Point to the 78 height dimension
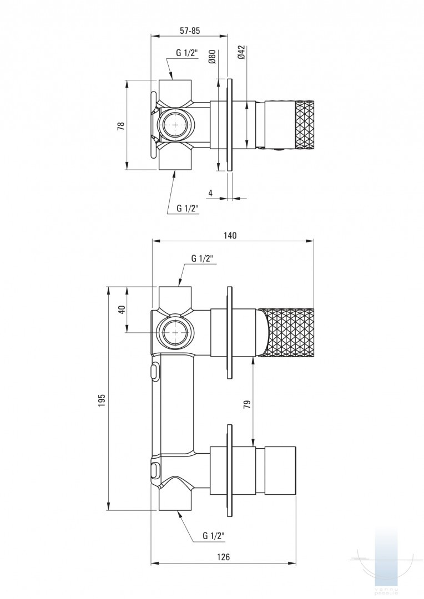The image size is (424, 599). [121, 125]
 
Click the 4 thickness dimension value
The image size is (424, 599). [210, 192]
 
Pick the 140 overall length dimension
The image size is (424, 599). [230, 235]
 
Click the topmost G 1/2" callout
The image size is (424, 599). [187, 53]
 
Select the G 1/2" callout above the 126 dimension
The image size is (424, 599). [213, 536]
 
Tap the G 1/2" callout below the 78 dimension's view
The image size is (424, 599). [188, 208]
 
